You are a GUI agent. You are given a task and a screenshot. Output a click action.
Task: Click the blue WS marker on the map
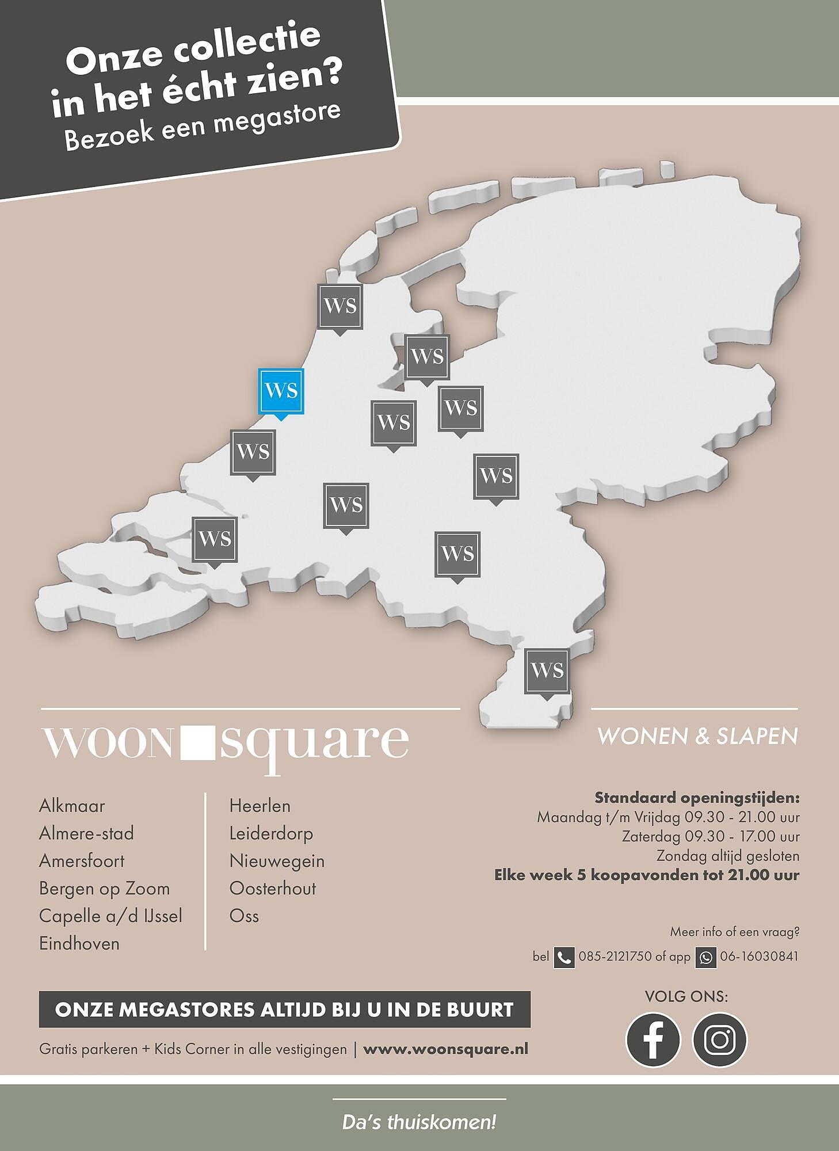(281, 391)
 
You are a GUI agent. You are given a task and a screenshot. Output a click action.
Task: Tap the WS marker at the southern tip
(547, 670)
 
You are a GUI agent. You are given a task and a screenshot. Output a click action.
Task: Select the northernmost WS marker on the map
(340, 306)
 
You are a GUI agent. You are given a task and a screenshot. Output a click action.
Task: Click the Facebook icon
(653, 1040)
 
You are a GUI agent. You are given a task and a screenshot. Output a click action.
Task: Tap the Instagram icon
(719, 1040)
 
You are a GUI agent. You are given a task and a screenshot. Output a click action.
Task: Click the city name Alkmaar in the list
(72, 806)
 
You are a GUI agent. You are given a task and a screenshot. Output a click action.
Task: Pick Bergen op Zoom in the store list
(104, 889)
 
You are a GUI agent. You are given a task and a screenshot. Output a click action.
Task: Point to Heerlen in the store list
(260, 806)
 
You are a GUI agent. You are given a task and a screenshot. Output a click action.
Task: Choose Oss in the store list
(244, 916)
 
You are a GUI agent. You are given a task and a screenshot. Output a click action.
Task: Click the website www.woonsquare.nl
(445, 1049)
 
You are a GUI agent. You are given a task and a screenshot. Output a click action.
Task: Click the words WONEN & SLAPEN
(697, 737)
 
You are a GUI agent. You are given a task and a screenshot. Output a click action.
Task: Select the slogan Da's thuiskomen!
(419, 1122)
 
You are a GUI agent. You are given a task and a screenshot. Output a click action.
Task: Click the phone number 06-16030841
(759, 956)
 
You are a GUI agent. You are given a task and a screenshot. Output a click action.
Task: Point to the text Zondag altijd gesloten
(728, 856)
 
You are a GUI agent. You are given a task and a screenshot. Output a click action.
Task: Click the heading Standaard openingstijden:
(697, 798)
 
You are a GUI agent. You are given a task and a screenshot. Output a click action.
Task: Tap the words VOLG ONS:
(686, 996)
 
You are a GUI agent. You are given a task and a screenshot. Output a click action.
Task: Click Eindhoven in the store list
(79, 944)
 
